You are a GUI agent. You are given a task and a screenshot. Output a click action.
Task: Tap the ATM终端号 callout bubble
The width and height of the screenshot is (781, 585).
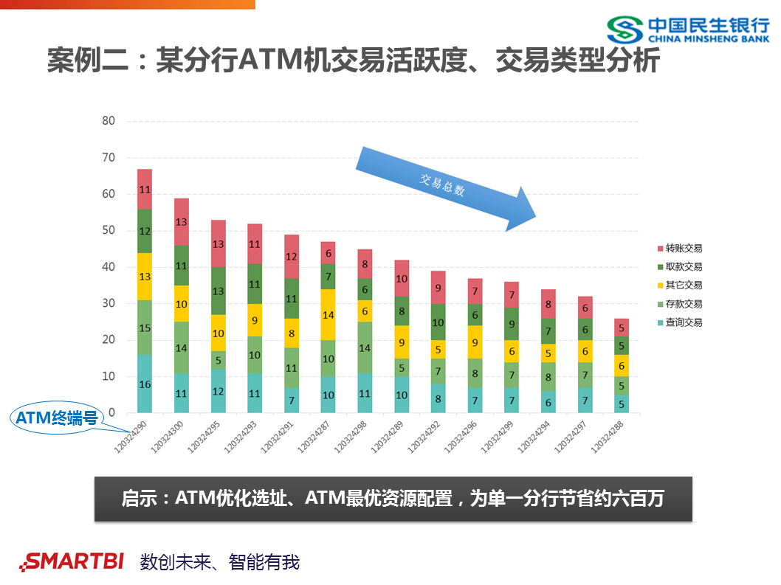click(58, 418)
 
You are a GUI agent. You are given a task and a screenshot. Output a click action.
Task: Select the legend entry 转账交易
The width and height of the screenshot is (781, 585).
click(679, 249)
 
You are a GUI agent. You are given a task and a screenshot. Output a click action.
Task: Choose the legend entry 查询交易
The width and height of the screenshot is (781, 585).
click(679, 322)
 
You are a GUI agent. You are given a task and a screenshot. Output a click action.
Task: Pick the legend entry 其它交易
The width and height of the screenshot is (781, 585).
click(679, 285)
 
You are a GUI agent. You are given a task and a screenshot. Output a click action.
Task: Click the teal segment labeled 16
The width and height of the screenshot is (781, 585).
click(145, 384)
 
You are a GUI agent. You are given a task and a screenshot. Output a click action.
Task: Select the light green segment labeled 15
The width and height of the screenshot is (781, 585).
click(145, 328)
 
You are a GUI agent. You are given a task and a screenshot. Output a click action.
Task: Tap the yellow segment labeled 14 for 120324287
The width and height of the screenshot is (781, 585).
click(328, 314)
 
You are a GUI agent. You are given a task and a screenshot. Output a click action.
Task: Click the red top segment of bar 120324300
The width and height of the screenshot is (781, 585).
click(182, 222)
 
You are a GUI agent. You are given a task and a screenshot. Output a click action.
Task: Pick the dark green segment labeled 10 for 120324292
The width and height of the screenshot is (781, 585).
click(438, 322)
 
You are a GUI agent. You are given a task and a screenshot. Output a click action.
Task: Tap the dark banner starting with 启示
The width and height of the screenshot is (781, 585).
click(393, 499)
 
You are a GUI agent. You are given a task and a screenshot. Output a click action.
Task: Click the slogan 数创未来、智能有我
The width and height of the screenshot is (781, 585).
click(220, 562)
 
